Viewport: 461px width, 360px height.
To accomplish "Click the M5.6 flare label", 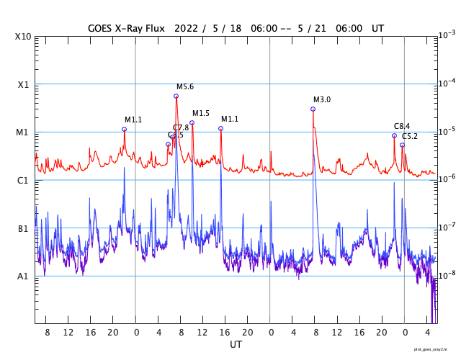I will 185,87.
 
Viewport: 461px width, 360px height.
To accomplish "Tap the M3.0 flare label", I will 322,100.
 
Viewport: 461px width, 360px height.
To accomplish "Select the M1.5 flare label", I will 201,114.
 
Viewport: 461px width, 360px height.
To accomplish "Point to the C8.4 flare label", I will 402,127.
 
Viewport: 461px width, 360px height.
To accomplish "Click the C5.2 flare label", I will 410,136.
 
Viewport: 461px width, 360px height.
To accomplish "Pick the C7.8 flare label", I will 182,128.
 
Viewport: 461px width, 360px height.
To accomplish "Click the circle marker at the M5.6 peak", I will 176,96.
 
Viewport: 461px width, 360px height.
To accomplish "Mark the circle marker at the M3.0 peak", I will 313,109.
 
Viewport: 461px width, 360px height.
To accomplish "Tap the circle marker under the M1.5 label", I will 192,122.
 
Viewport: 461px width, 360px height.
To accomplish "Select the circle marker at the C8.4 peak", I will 394,135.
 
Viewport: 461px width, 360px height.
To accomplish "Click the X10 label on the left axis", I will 22,37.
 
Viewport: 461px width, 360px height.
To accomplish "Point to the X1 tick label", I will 22,85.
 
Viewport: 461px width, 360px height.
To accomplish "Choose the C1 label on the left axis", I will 22,181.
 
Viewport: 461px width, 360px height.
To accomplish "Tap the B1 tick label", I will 22,229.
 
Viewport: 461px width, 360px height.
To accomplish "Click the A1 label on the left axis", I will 22,276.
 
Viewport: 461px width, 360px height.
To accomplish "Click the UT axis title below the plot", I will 236,345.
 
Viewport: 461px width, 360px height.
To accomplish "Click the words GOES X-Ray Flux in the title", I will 126,28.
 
